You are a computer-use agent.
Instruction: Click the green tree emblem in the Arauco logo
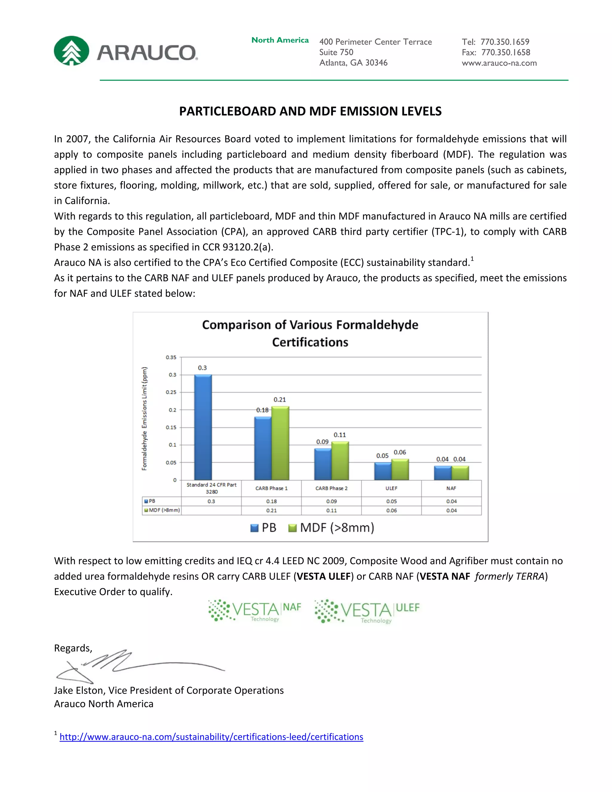point(71,51)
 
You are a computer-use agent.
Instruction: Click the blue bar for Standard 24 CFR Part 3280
point(203,427)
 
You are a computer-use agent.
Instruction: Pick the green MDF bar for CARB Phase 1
point(280,443)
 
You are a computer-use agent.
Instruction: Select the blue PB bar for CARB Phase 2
point(323,464)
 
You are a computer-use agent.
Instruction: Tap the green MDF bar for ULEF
point(400,470)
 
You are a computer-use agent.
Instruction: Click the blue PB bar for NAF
point(443,473)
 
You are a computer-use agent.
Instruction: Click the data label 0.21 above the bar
point(279,400)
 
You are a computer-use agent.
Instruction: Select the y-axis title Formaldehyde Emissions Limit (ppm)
point(145,419)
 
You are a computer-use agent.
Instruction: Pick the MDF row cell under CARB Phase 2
point(331,510)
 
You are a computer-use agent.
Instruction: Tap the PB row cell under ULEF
point(391,501)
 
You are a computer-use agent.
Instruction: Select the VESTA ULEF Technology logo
point(367,611)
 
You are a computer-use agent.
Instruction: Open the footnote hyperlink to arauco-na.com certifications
point(211,737)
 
